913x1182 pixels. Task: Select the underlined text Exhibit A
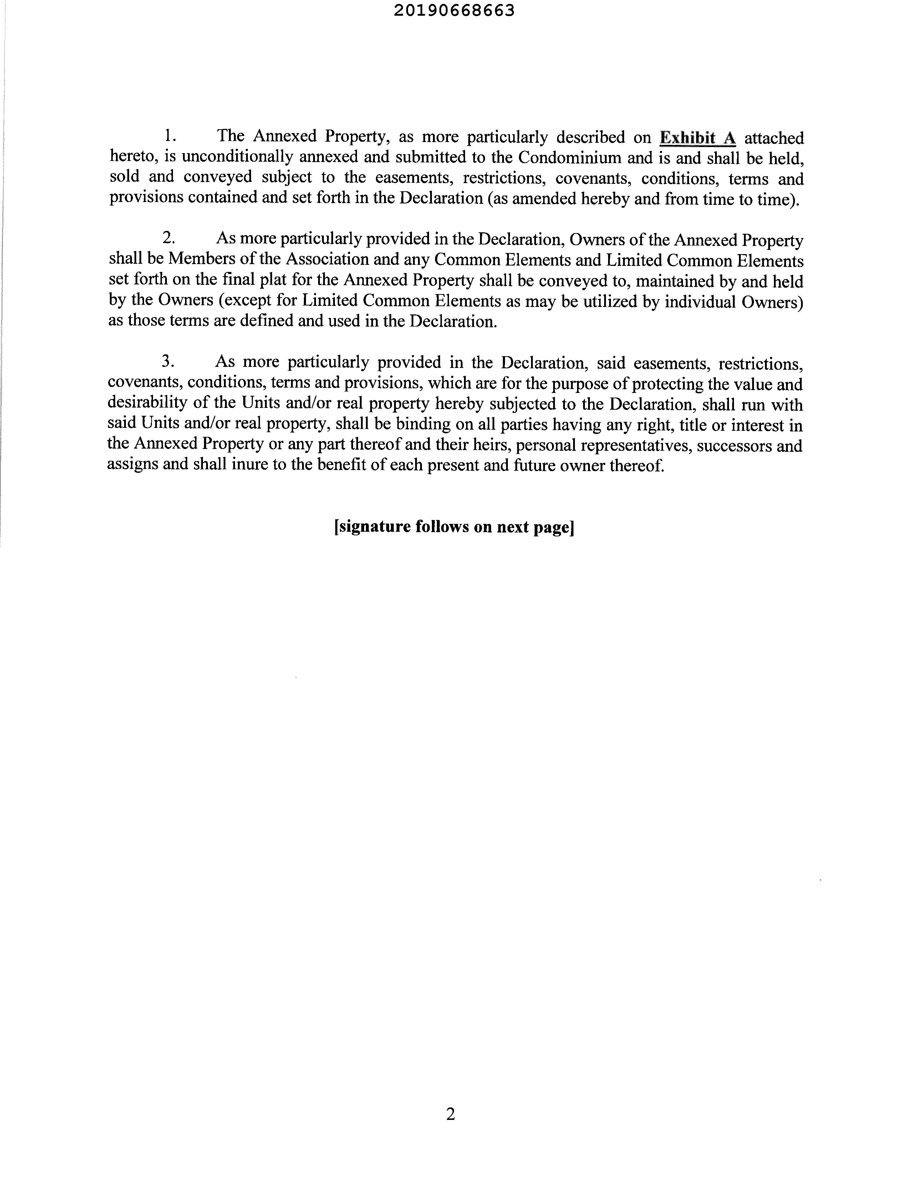[x=698, y=138]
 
